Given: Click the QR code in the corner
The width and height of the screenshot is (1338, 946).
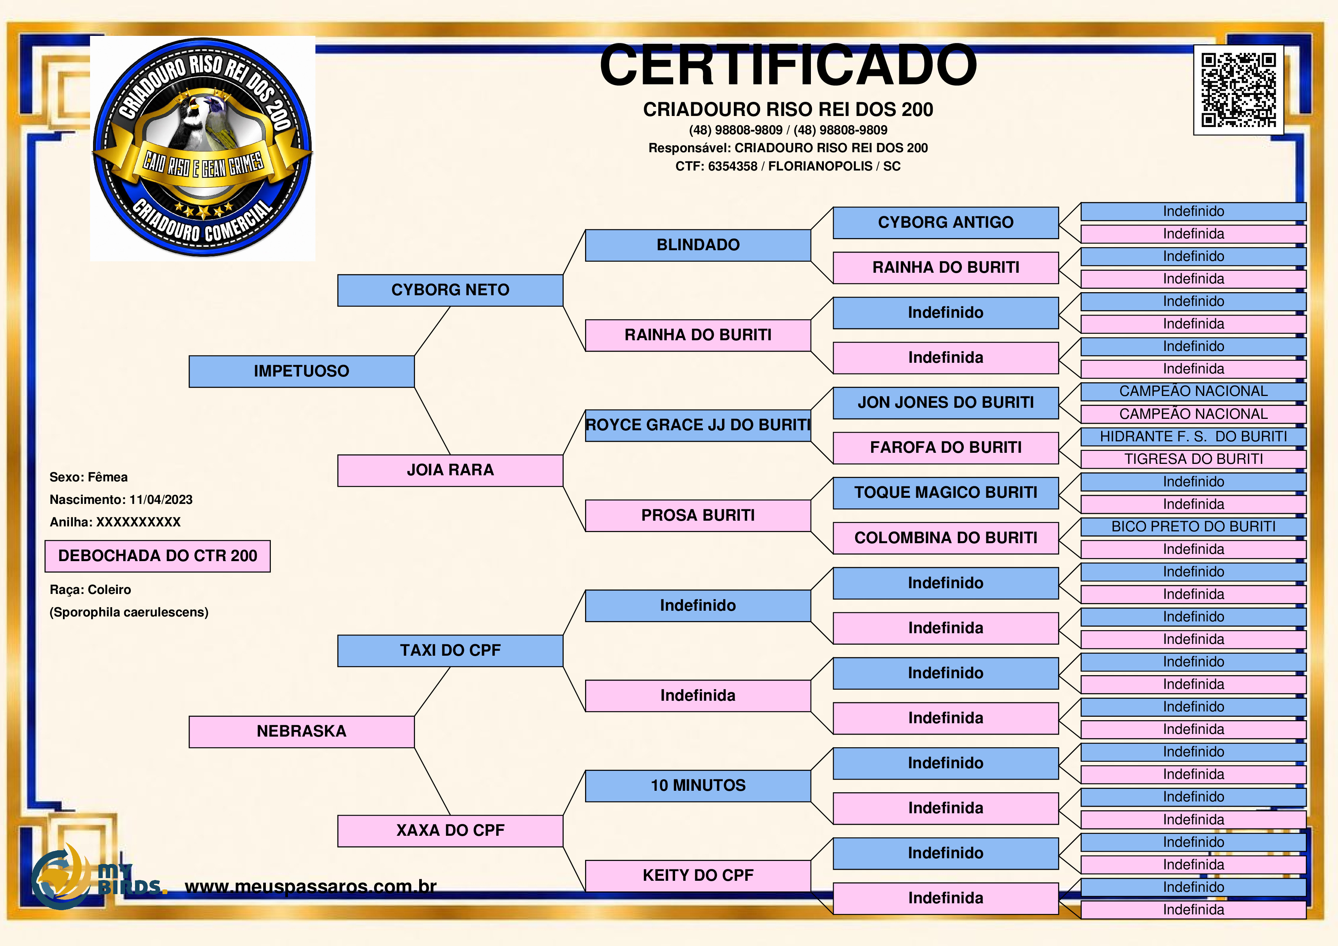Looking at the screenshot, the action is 1238,90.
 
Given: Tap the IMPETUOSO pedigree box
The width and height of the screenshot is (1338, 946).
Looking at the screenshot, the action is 301,371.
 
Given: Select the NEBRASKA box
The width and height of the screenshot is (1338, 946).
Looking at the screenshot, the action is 301,732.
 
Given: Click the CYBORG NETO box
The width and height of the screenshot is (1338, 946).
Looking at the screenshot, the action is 450,290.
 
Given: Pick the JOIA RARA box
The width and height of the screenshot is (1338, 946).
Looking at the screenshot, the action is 450,470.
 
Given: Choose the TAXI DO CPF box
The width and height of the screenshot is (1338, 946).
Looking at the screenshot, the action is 450,650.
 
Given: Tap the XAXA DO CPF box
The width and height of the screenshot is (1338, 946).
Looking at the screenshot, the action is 450,830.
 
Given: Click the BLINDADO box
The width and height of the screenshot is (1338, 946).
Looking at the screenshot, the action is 698,245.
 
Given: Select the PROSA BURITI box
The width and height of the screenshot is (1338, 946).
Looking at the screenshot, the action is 698,515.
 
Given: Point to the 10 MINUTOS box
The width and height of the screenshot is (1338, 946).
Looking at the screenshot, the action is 698,786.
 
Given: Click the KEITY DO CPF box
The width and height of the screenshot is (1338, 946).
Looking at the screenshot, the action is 698,875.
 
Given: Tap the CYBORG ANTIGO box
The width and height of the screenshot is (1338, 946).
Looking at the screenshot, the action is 945,223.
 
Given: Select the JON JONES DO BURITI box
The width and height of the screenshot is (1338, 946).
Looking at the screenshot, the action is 945,403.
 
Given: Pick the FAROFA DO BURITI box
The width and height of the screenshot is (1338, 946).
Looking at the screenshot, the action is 945,448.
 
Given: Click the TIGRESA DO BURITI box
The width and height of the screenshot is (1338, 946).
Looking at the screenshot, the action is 1193,459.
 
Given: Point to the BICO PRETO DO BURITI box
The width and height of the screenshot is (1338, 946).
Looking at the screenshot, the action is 1193,527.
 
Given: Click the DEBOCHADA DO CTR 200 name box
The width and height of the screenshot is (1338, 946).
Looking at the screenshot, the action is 158,556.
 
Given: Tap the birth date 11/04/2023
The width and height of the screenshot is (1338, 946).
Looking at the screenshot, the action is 161,500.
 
